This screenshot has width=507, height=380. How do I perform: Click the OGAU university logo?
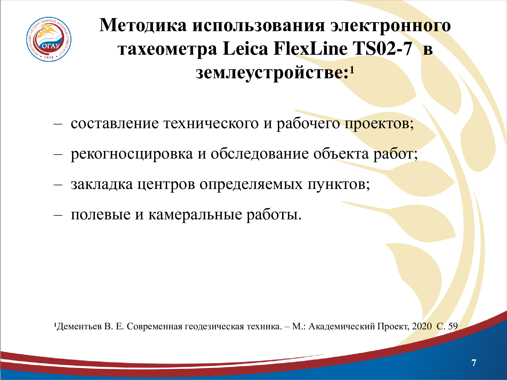click(x=49, y=39)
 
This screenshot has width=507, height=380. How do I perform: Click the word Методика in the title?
click(x=143, y=25)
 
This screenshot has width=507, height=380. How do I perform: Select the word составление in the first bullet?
click(x=115, y=124)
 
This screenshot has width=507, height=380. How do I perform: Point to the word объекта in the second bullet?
click(x=341, y=154)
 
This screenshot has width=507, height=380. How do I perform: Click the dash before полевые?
click(x=58, y=215)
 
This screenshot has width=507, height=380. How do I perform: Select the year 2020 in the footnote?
click(x=422, y=326)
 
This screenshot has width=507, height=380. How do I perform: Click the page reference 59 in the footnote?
click(x=453, y=326)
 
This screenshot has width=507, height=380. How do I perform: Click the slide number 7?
click(x=474, y=363)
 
